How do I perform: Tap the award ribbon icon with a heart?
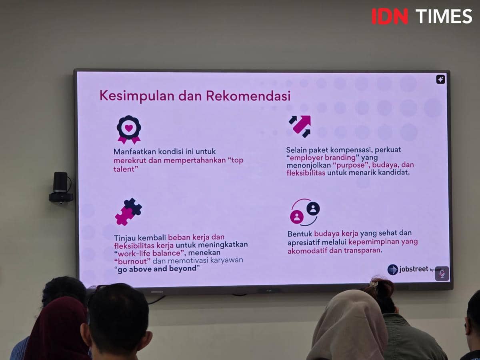[129, 129]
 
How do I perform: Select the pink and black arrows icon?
[300, 126]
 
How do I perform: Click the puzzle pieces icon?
[128, 212]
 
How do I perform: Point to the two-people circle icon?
[304, 212]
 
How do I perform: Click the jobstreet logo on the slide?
[408, 270]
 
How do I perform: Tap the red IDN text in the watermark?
[390, 16]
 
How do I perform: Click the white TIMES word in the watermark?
[444, 16]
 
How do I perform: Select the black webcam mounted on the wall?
[61, 187]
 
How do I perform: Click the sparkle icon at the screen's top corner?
[440, 79]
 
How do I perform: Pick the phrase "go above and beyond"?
[156, 268]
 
